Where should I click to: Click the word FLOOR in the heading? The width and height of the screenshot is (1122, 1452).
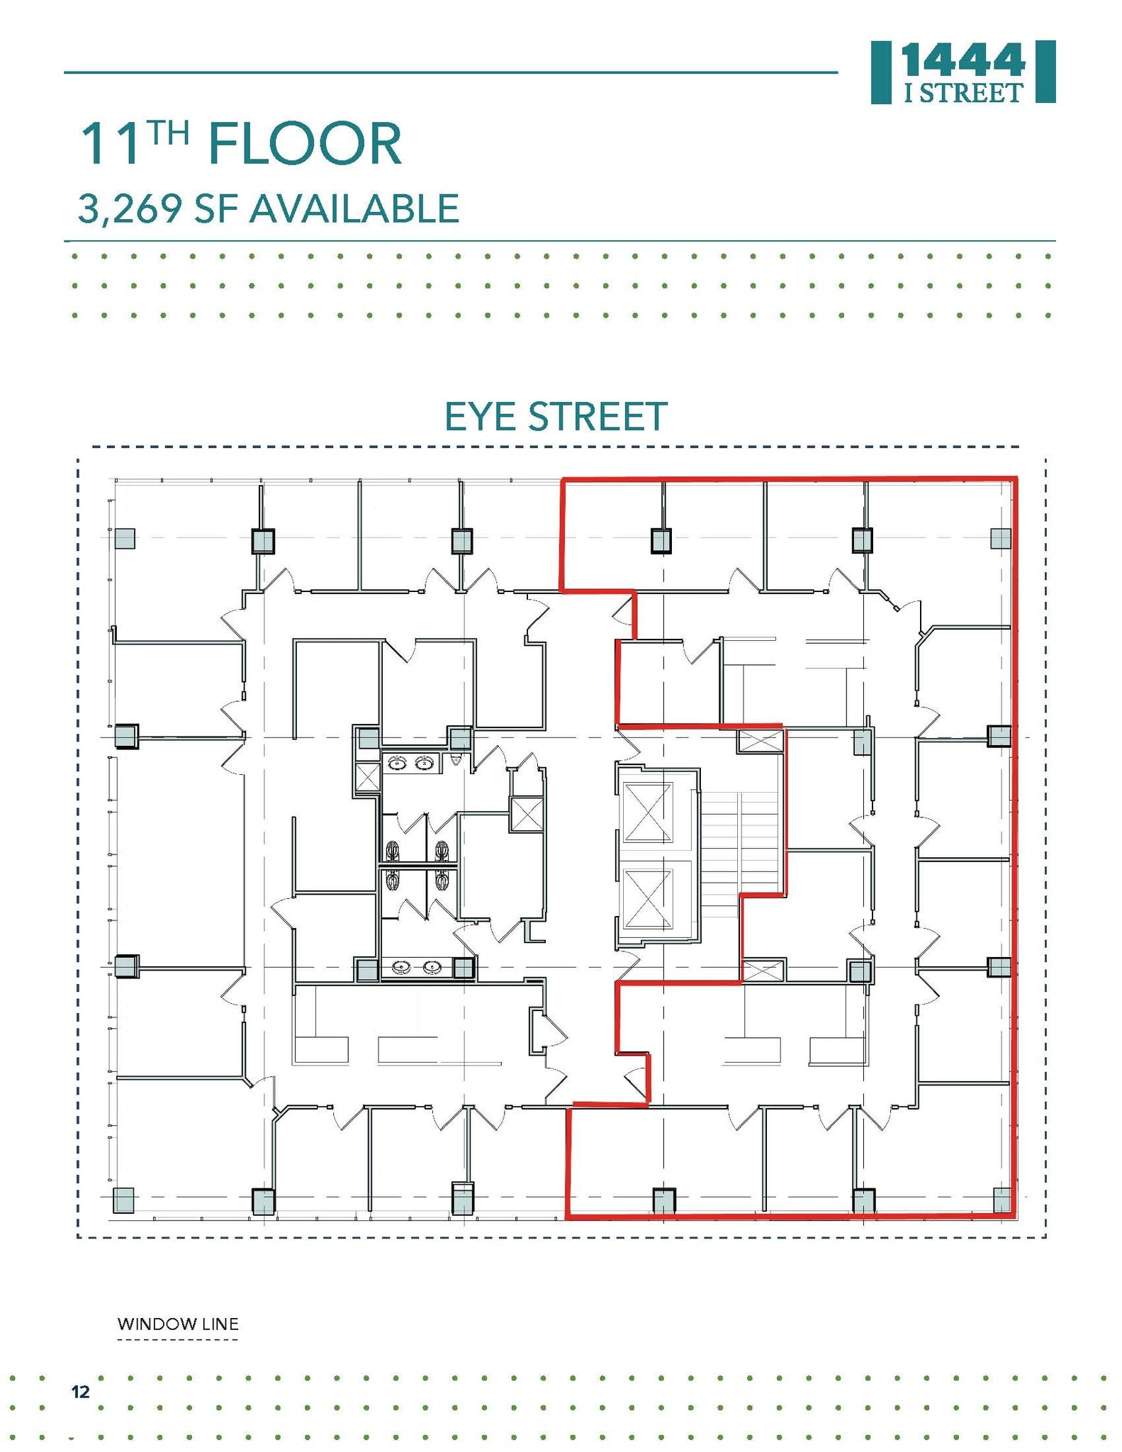(305, 145)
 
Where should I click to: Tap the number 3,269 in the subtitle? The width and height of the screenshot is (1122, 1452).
(129, 209)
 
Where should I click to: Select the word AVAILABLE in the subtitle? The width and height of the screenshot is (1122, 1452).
(354, 209)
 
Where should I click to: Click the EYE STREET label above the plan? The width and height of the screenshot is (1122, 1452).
(555, 417)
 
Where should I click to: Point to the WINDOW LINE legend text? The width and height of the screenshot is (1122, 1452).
(177, 1324)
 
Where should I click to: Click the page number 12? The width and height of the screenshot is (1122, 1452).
(81, 1392)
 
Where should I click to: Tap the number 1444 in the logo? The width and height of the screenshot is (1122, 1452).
(963, 62)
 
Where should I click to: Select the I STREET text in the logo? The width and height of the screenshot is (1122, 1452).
(963, 93)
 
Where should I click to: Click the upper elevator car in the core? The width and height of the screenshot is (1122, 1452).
(647, 812)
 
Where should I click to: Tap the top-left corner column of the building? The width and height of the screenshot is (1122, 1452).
(125, 539)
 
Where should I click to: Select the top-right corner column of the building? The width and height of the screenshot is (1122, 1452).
(1000, 538)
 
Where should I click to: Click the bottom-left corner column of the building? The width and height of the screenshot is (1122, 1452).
(123, 1200)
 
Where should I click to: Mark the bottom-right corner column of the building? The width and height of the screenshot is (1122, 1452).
(1002, 1200)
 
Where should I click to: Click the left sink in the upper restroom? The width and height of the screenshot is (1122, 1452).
(398, 763)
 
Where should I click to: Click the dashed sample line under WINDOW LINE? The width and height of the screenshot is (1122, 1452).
(177, 1340)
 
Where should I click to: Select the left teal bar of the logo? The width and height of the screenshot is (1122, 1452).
(880, 72)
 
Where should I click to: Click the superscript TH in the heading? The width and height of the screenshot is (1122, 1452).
(169, 132)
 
